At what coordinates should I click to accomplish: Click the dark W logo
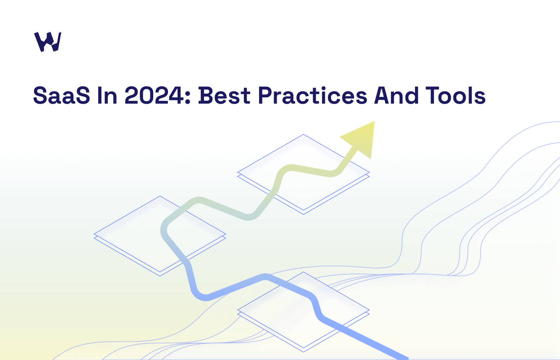(48, 42)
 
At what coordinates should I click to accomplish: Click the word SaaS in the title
(62, 95)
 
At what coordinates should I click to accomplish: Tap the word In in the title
(107, 95)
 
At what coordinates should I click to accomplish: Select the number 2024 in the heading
(154, 95)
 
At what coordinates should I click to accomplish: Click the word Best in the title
(224, 95)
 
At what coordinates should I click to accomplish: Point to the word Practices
(312, 95)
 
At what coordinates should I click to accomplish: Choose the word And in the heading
(396, 95)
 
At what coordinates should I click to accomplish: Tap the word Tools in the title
(455, 95)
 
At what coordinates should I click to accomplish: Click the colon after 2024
(188, 97)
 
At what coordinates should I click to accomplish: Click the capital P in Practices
(265, 95)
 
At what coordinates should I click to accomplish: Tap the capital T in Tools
(433, 95)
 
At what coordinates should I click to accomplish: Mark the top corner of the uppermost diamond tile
(304, 134)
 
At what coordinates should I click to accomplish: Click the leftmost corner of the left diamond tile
(94, 234)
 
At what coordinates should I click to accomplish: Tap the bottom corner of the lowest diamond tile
(304, 352)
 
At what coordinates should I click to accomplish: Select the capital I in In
(100, 95)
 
